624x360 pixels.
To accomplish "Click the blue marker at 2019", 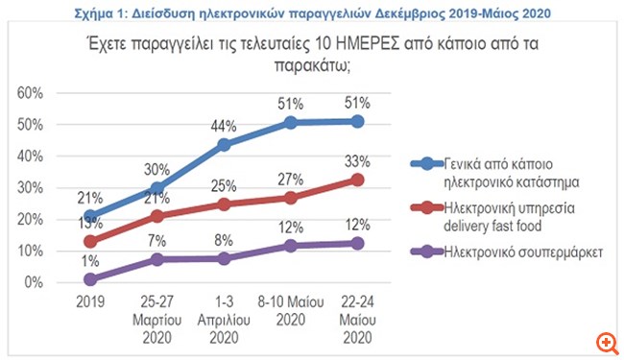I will [91, 216].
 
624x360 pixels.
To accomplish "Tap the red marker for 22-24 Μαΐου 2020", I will [358, 179].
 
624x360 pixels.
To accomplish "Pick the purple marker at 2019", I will [91, 279].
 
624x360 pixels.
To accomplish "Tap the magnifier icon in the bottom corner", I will [605, 342].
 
